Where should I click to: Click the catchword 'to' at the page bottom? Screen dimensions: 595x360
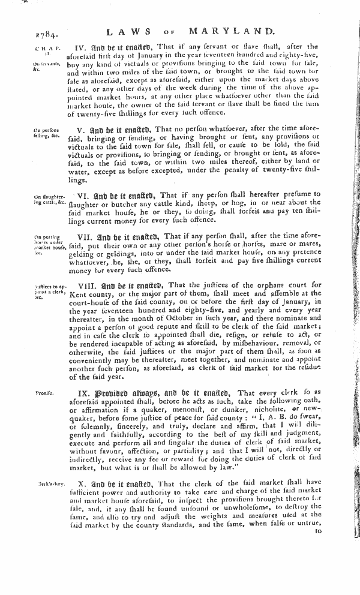tap(319, 530)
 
